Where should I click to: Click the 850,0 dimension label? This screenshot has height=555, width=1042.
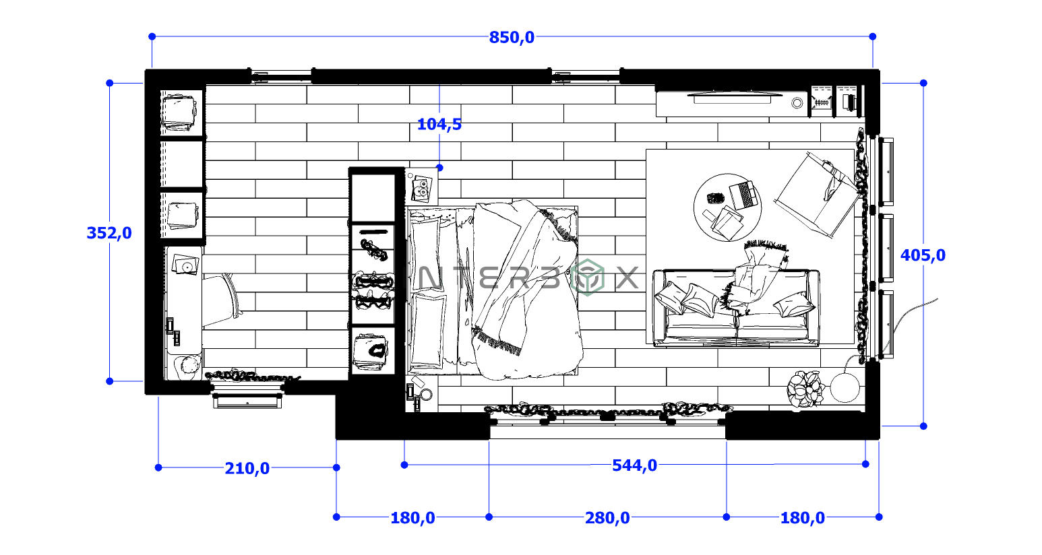pos(512,38)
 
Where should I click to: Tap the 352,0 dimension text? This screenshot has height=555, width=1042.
pos(109,233)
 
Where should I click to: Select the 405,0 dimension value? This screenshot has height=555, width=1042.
pos(923,255)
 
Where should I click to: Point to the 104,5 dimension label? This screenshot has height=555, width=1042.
pos(439,124)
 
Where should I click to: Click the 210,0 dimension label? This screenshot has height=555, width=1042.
pos(247,468)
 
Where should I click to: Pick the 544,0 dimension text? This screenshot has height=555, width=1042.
pos(634,465)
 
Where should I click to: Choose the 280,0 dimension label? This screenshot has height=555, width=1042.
pos(607,518)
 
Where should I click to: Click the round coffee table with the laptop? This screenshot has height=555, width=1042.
pos(727,207)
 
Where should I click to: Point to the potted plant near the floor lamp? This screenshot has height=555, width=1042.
pos(805,389)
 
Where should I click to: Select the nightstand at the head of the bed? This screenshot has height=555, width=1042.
pos(422,185)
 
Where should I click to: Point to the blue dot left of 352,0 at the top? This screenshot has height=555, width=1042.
pos(110,83)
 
